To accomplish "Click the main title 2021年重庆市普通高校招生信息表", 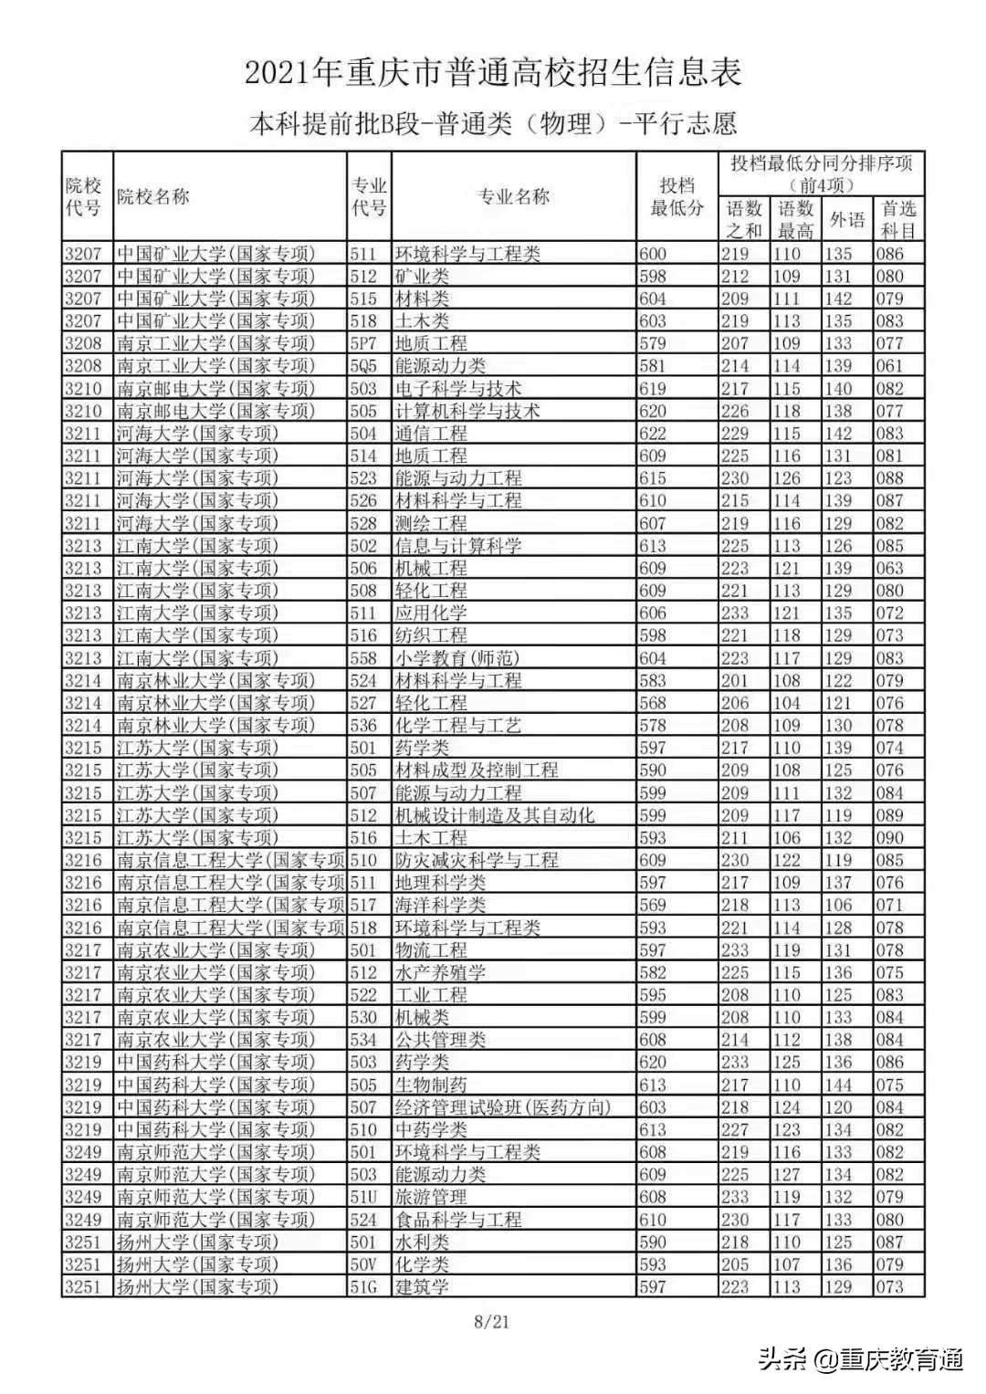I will point(493,73).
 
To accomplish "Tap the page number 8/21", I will point(492,1321).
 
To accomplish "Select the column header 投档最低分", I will point(677,196).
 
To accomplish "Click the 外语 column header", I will point(847,219).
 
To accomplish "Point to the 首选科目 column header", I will point(898,219).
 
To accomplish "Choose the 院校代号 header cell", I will point(84,196).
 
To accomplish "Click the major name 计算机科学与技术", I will point(467,411).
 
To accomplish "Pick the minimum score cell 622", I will point(653,434).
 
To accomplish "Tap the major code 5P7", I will point(363,343).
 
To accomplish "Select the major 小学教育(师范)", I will point(456,658).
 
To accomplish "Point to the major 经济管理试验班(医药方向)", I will point(502,1107).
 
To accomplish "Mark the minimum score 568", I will point(653,703).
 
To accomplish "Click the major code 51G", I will point(363,1287).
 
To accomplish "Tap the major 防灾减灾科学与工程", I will point(476,860).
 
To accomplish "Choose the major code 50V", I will point(363,1264).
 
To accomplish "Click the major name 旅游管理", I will point(431,1197).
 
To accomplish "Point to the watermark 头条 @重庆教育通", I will point(861,1359).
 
